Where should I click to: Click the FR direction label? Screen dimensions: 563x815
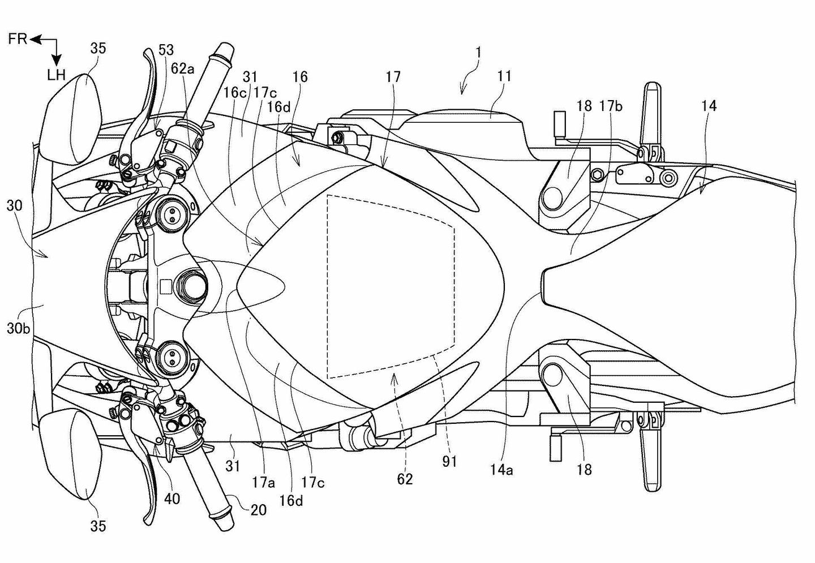[x=18, y=40]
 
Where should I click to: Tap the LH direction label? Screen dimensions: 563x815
[x=57, y=75]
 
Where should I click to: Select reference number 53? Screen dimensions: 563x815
[x=166, y=50]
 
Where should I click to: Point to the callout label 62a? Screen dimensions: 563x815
[x=183, y=69]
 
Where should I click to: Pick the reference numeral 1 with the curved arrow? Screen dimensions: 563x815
[x=478, y=53]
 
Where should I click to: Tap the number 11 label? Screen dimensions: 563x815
[x=504, y=76]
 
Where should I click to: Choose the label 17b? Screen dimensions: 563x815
[x=611, y=106]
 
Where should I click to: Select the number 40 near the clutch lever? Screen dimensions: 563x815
[x=172, y=498]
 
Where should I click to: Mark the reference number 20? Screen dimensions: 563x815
[x=258, y=510]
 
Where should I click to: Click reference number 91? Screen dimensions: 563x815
[x=449, y=462]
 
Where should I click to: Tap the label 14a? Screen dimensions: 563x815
[x=502, y=469]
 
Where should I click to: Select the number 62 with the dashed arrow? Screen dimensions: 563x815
[x=405, y=479]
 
